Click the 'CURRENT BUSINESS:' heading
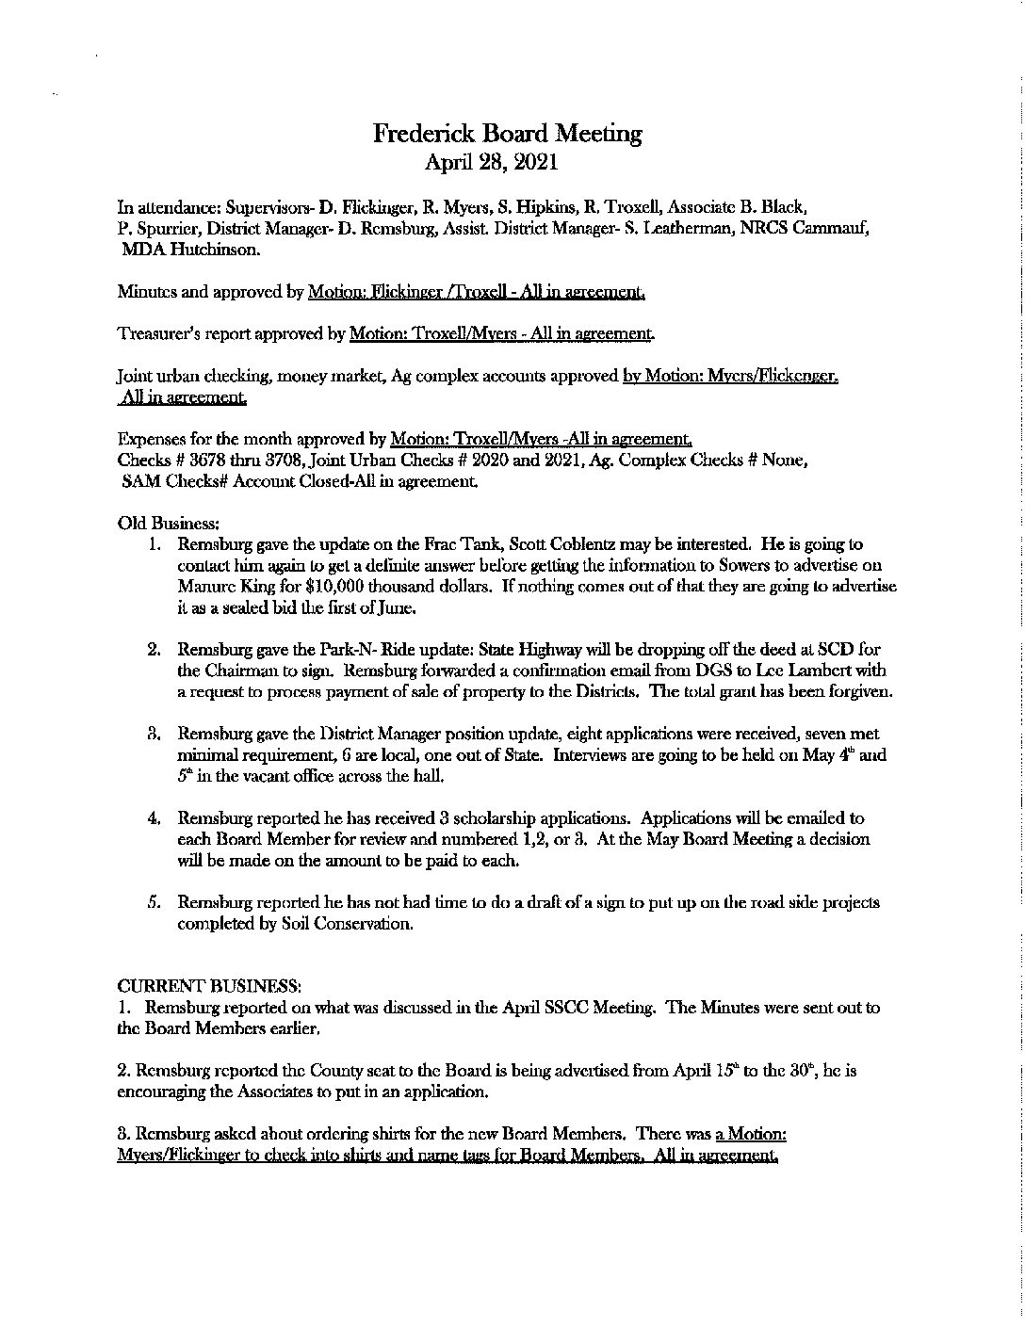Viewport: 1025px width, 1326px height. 209,986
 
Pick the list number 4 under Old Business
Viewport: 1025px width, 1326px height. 153,818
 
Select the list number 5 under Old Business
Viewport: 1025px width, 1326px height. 153,902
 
